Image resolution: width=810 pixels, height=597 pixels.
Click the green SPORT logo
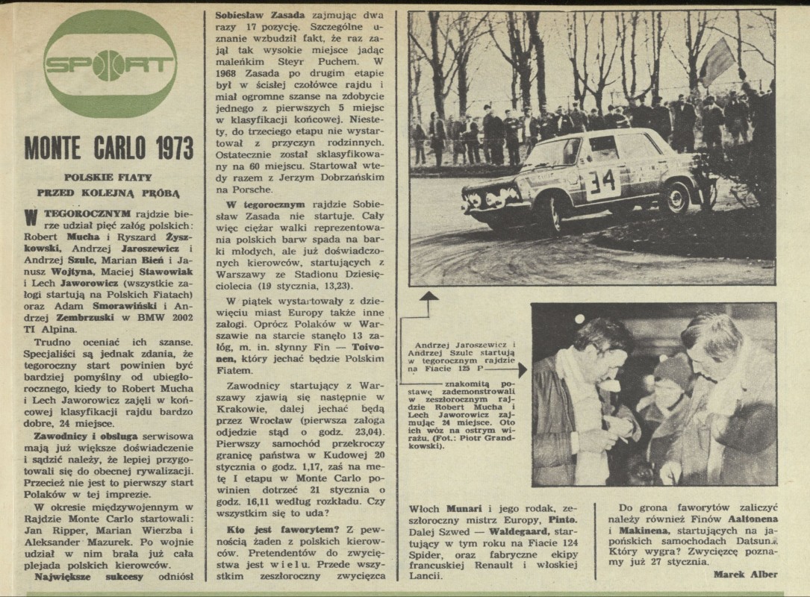110,63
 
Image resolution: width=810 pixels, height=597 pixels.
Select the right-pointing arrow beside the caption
520,369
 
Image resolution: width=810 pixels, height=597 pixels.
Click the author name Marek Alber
745,574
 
